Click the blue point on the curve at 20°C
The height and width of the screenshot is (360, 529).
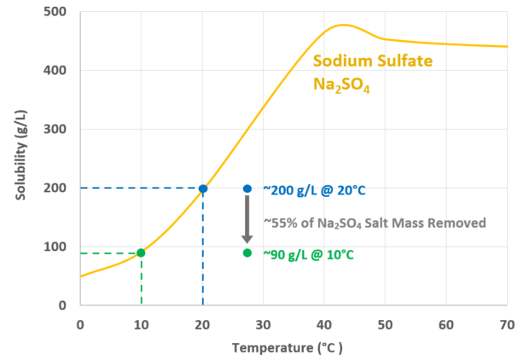tap(202, 189)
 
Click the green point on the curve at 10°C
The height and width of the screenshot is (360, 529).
tap(141, 253)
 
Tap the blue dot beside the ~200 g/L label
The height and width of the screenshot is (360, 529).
tap(247, 189)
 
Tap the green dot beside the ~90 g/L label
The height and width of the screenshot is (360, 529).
tap(247, 253)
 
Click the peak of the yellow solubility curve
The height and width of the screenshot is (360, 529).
tap(343, 25)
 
